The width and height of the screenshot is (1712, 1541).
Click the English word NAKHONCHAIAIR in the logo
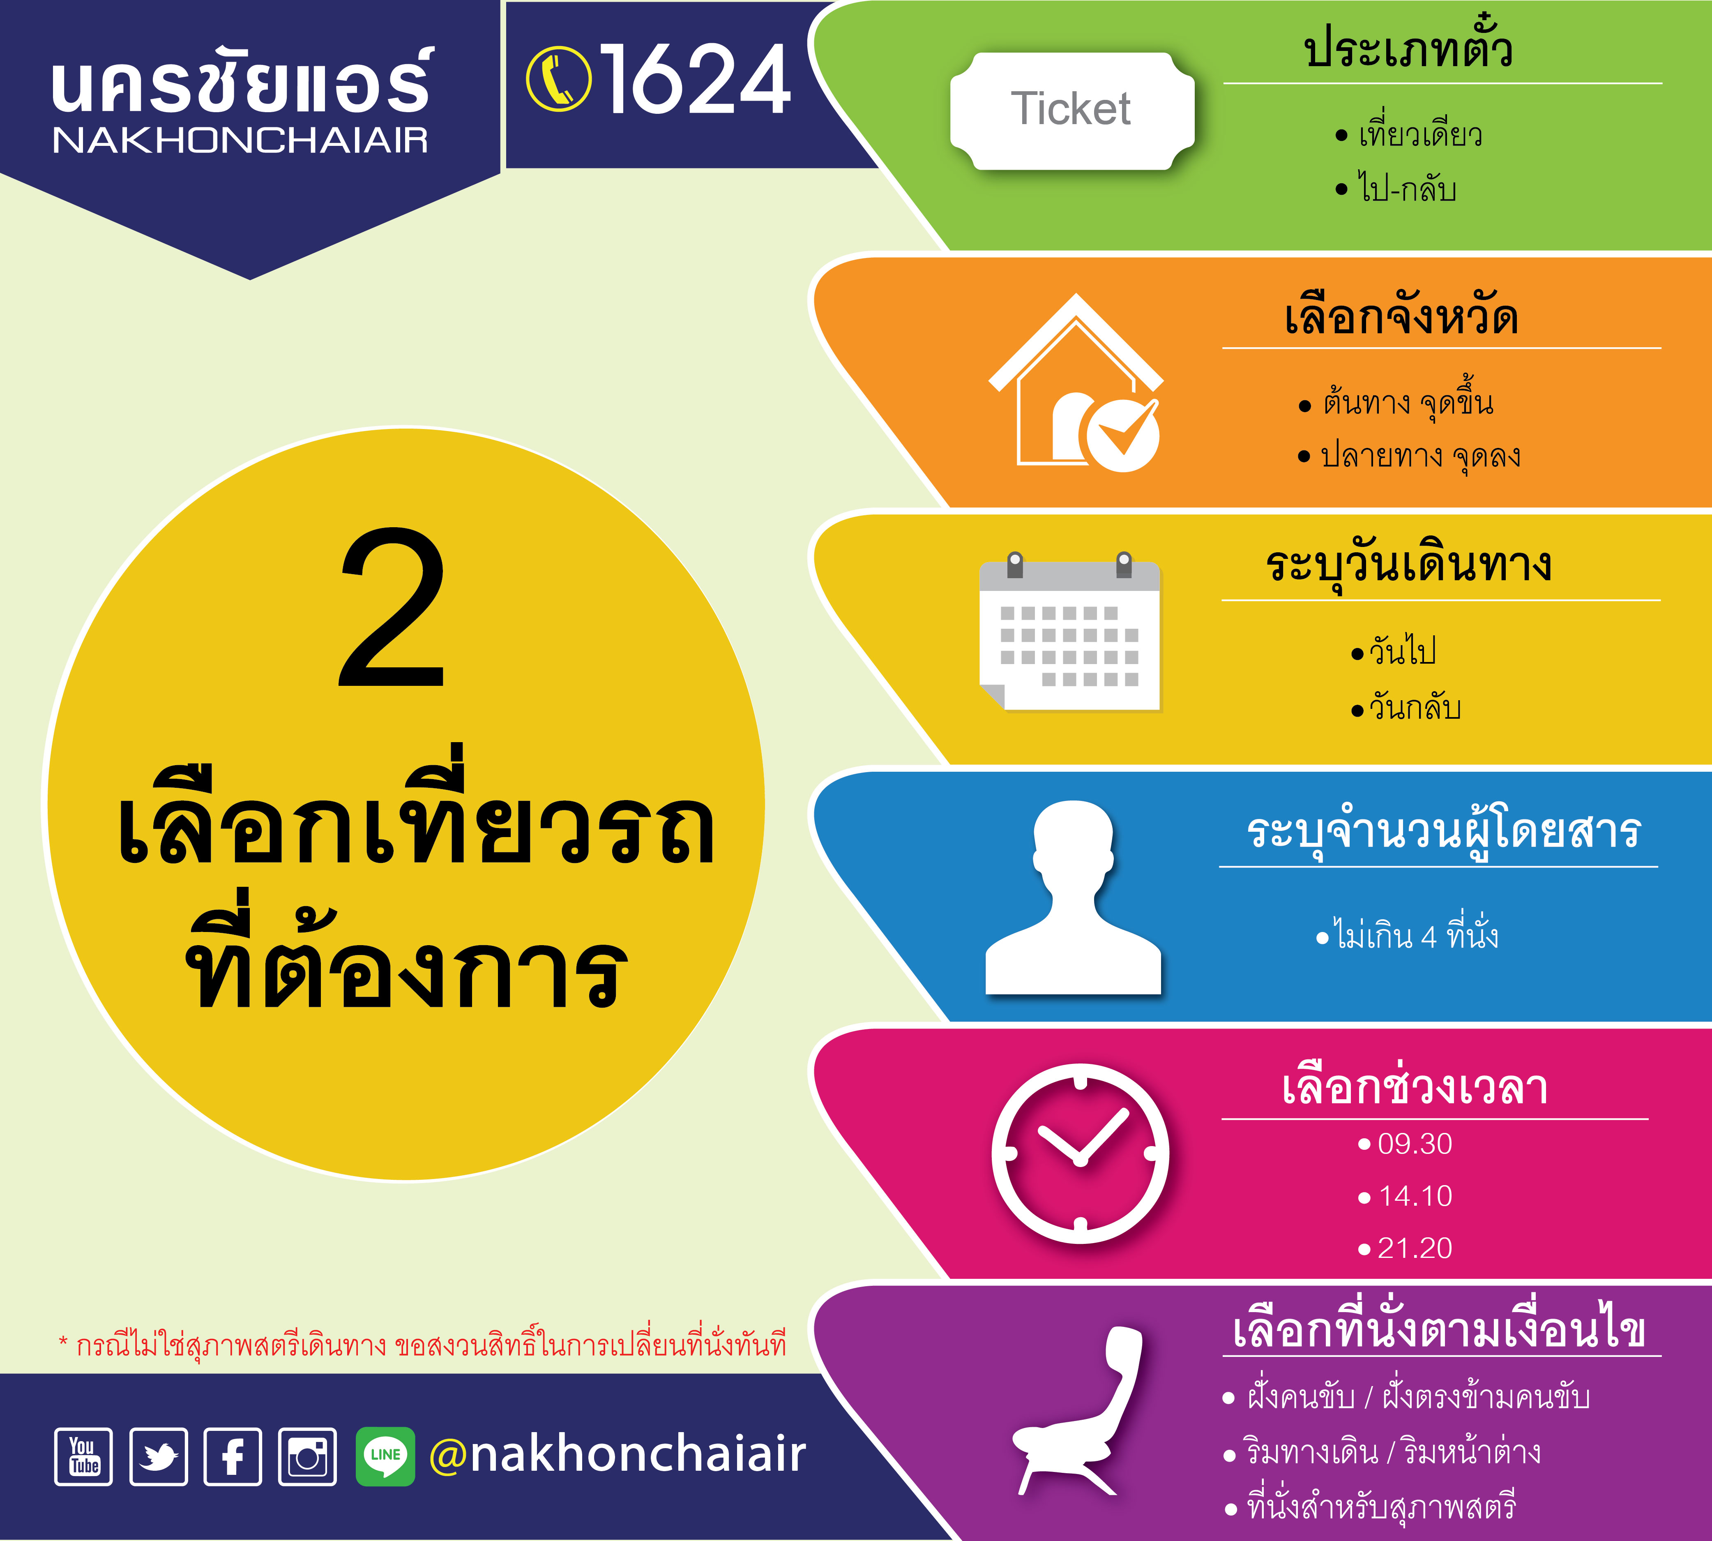(x=240, y=141)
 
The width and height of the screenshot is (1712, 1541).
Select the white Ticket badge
(x=1072, y=111)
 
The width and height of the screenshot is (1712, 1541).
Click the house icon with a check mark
(x=1076, y=383)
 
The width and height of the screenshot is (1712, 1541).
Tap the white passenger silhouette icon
(x=1073, y=897)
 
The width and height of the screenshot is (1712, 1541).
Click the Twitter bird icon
(x=158, y=1456)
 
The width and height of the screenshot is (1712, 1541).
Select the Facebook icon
(x=233, y=1456)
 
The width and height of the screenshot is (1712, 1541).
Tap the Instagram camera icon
(x=307, y=1456)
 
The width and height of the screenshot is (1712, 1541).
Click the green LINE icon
(x=385, y=1456)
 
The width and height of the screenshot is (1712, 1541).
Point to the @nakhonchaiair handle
(x=617, y=1455)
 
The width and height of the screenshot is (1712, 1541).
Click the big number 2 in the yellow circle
(x=392, y=608)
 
